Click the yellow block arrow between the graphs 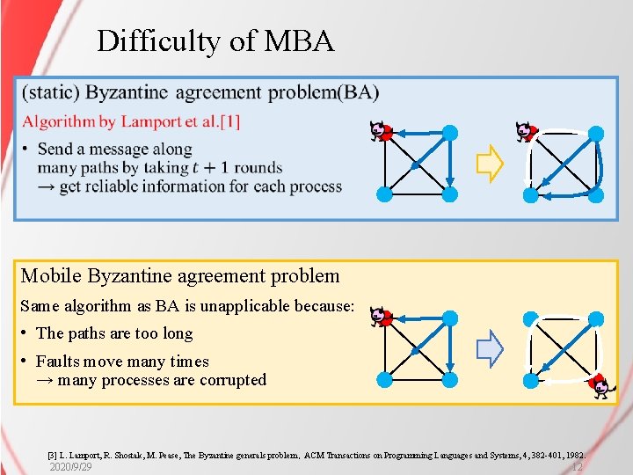point(489,164)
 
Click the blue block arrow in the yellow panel point(490,349)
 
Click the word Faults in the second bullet point(55,362)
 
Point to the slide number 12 point(576,467)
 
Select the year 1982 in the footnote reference point(571,456)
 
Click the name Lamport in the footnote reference point(84,456)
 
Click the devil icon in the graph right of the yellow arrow point(525,132)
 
